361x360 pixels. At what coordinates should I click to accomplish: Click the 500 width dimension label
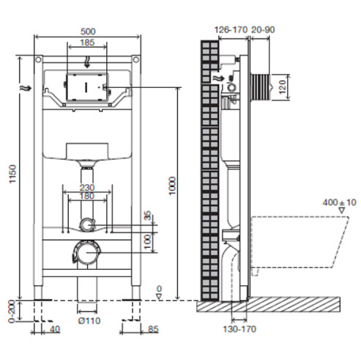coord(88,32)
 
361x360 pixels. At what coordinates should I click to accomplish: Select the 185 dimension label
coord(87,43)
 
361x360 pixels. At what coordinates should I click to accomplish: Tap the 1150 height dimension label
coord(12,174)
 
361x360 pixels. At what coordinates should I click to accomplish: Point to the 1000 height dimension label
coord(172,185)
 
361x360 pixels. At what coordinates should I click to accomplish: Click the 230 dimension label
coord(87,188)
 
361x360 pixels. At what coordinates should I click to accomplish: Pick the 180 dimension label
coord(87,196)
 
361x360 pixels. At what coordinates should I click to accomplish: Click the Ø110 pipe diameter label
coord(89,320)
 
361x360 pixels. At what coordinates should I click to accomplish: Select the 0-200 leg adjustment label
coord(12,312)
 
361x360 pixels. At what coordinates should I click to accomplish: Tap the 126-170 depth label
coord(231,30)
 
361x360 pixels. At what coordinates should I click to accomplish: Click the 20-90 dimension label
coord(263,30)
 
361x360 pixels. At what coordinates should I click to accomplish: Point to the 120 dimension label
coord(282,87)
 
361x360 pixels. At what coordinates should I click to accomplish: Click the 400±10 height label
coord(339,202)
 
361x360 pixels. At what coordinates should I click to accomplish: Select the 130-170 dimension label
coord(239,329)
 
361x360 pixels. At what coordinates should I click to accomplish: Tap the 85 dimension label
coord(153,329)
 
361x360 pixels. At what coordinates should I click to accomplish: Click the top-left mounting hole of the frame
coord(38,59)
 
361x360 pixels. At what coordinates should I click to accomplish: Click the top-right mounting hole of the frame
coord(136,59)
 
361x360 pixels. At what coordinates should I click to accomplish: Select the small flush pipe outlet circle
coord(86,224)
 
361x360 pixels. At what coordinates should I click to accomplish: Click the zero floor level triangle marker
coord(159,297)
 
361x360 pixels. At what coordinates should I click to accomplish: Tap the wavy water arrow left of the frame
coord(26,88)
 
